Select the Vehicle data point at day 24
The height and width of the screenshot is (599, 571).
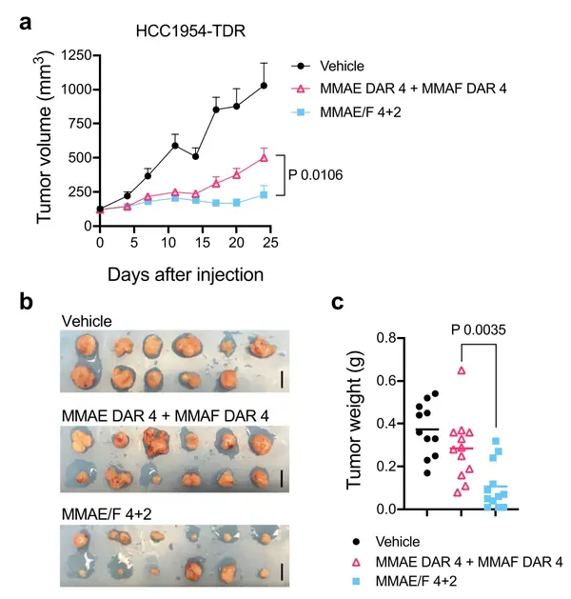pos(264,86)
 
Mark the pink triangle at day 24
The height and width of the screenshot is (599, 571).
pos(264,157)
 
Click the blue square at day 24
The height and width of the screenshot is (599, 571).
pos(264,195)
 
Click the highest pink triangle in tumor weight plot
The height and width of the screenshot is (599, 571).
pos(461,369)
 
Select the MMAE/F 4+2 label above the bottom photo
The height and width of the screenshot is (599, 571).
pos(102,513)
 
